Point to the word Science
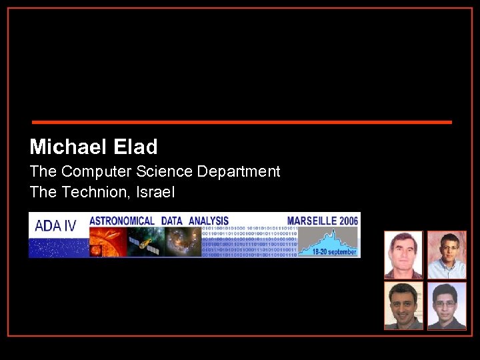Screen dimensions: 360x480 coord(165,172)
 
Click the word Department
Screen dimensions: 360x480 coord(239,172)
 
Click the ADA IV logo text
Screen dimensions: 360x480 coord(55,225)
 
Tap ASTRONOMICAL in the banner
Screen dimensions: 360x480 coord(122,221)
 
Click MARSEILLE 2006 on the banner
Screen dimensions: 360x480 coord(323,221)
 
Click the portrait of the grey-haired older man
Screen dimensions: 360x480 coord(403,255)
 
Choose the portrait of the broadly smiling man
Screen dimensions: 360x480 coord(403,306)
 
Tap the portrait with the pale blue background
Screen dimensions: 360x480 coord(446,306)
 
